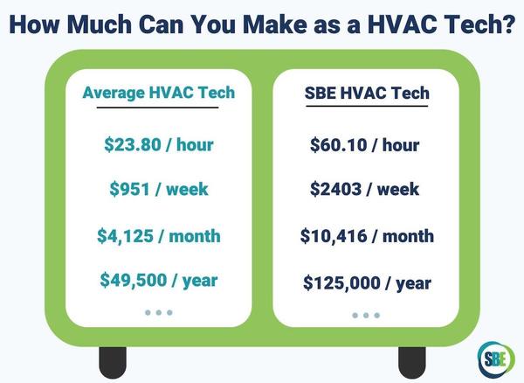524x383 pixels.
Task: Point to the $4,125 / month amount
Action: click(x=158, y=236)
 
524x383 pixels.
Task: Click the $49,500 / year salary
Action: click(x=158, y=281)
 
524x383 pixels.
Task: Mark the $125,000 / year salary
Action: click(x=366, y=282)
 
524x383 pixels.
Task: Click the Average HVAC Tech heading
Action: click(x=158, y=92)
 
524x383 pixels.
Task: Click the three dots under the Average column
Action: click(x=158, y=312)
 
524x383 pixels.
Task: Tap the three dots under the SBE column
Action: click(x=366, y=315)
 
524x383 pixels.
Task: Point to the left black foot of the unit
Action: click(x=113, y=359)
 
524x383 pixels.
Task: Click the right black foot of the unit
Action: click(x=411, y=359)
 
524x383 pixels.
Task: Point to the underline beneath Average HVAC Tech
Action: click(x=158, y=108)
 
